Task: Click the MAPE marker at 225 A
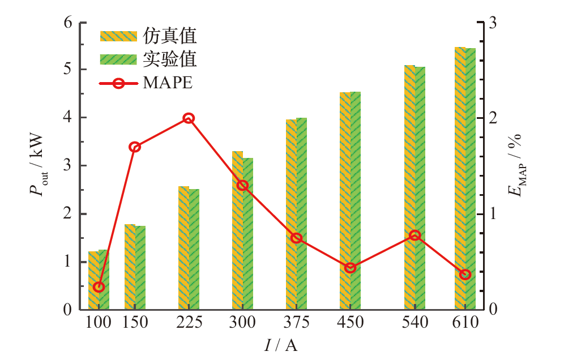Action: click(x=189, y=118)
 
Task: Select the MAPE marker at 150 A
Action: click(x=135, y=147)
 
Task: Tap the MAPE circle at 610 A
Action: click(x=465, y=275)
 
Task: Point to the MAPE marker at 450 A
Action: click(x=350, y=268)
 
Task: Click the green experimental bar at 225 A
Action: click(x=194, y=249)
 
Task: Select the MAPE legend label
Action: click(x=168, y=83)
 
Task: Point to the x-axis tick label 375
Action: click(x=297, y=323)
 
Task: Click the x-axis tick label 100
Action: click(x=99, y=323)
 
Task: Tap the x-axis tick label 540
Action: click(x=415, y=323)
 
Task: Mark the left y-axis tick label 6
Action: click(x=69, y=23)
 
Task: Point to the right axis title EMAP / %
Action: click(x=516, y=166)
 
